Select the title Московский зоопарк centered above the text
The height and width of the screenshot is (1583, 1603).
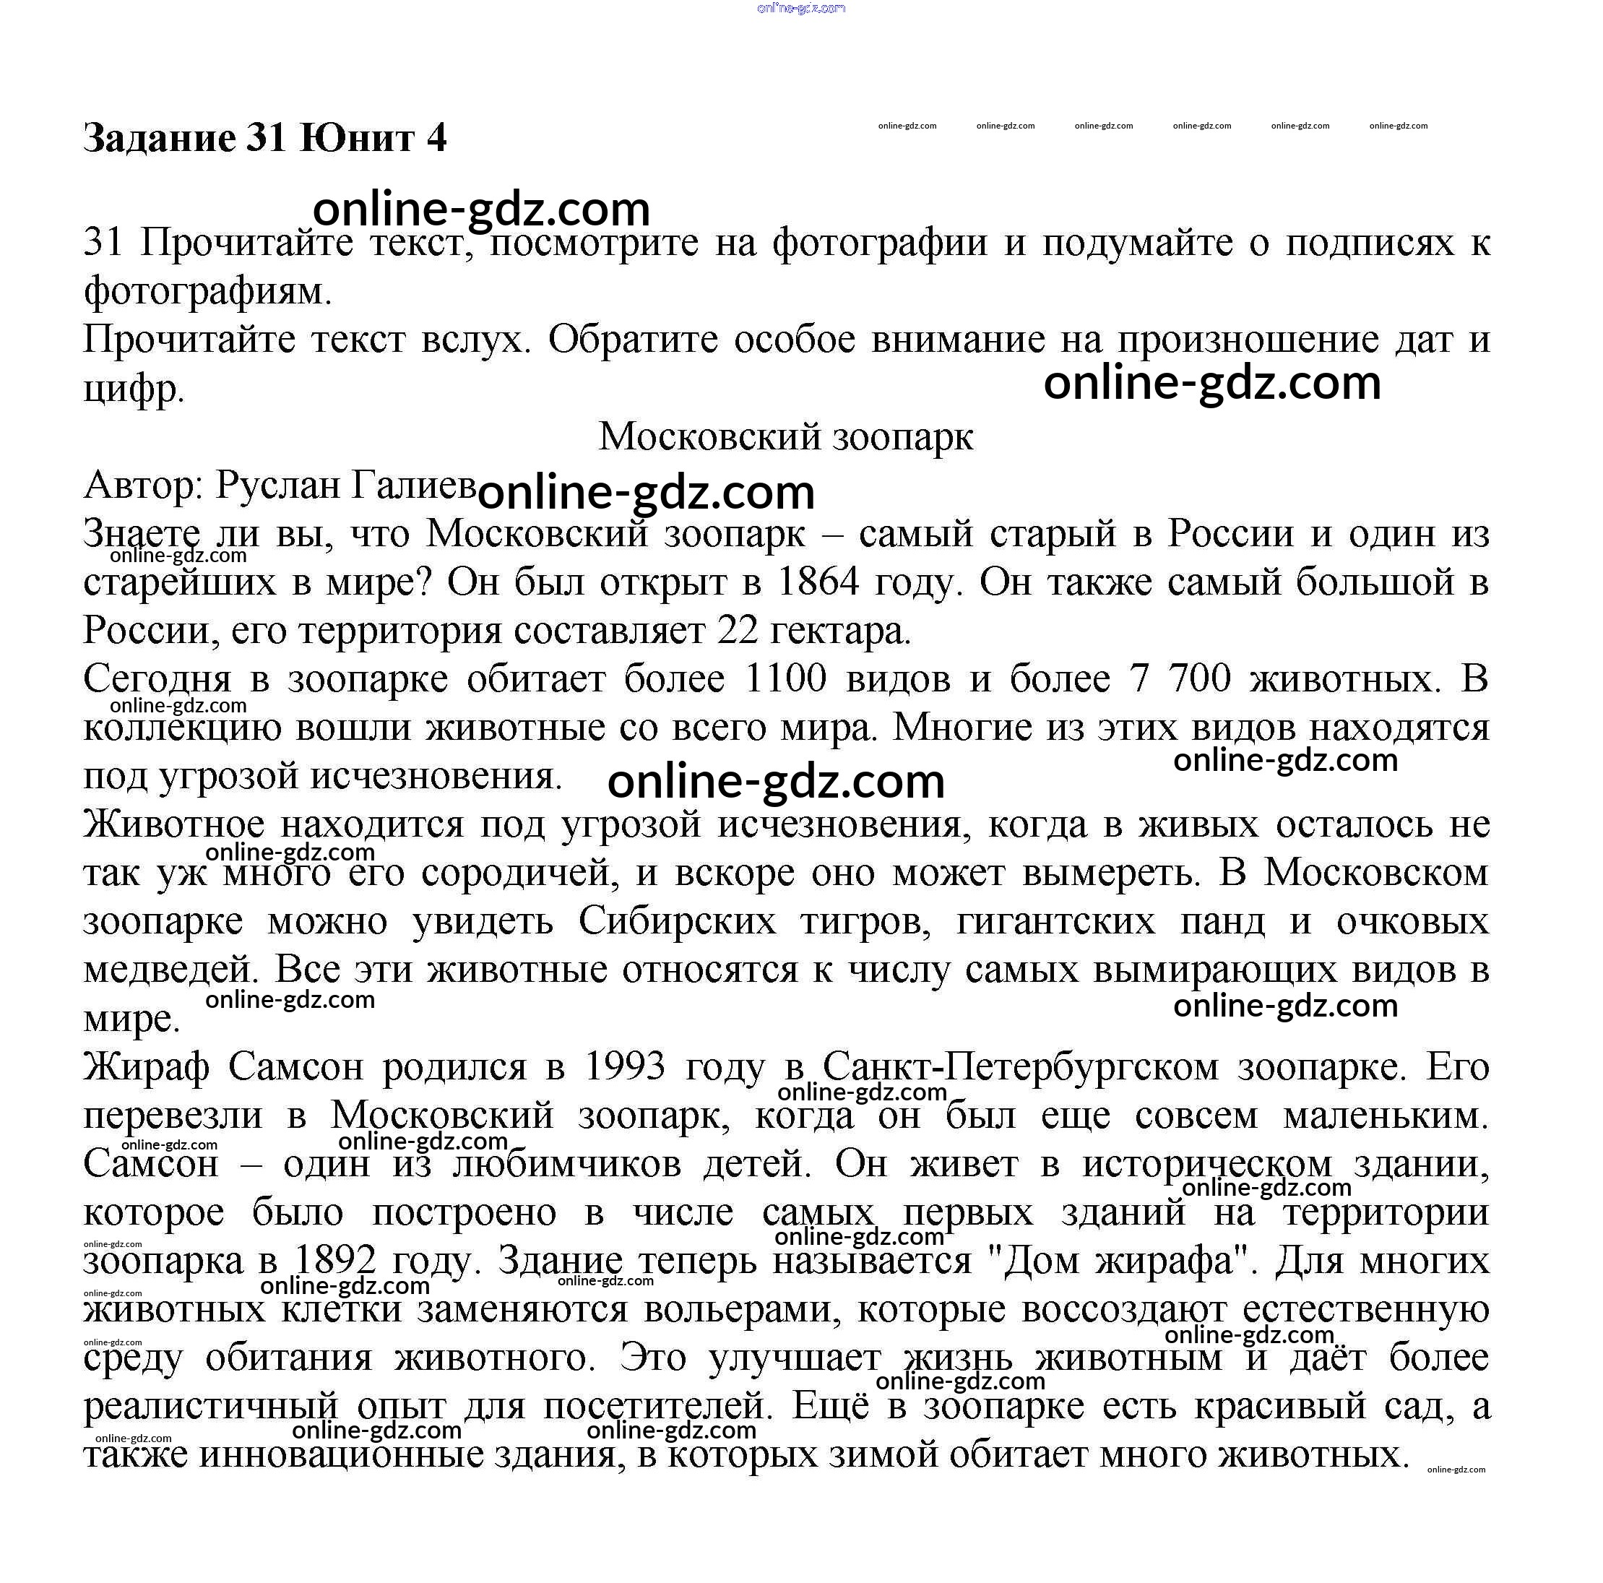tap(786, 436)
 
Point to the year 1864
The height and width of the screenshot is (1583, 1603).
tap(818, 582)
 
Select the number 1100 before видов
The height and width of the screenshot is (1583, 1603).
tap(786, 679)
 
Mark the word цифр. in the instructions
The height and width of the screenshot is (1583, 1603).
tap(134, 388)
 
